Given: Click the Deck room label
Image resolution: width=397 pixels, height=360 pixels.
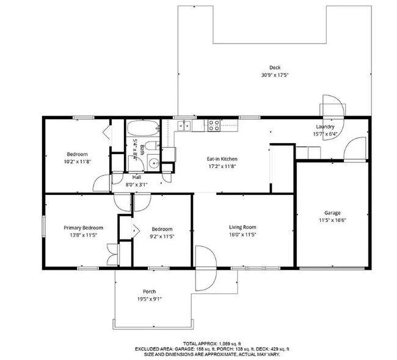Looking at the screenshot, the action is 275,67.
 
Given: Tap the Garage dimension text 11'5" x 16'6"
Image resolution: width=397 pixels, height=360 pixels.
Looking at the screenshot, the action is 332,220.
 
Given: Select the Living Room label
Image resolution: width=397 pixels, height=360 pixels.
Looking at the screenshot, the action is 242,227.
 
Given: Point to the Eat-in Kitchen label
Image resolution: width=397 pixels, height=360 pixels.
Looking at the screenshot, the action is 222,159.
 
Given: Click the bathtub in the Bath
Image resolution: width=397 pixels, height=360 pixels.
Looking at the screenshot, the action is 143,128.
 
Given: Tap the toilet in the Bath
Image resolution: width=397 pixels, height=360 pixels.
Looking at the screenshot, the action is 153,145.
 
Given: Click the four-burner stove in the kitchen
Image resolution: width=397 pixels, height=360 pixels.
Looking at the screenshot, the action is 214,125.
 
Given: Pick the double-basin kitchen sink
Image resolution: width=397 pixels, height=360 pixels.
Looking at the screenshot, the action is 184,125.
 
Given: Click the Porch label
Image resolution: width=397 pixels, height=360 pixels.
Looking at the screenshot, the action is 150,292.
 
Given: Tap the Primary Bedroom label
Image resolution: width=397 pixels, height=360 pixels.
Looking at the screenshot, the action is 83,228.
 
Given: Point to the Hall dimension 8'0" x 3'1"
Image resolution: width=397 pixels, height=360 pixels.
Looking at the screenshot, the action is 136,185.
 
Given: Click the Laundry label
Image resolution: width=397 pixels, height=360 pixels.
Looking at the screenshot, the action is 325,127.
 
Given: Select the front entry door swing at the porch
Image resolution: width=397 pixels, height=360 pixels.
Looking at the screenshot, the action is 206,268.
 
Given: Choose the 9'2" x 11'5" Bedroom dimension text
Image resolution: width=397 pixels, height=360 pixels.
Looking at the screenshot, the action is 162,237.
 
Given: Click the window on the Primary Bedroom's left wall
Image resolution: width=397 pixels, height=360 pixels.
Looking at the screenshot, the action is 44,226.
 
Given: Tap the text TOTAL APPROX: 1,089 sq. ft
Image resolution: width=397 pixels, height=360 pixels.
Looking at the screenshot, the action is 212,343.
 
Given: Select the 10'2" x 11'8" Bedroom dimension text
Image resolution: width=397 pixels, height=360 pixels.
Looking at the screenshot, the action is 77,161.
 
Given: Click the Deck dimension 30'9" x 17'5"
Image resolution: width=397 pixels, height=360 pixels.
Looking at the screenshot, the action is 275,75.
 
